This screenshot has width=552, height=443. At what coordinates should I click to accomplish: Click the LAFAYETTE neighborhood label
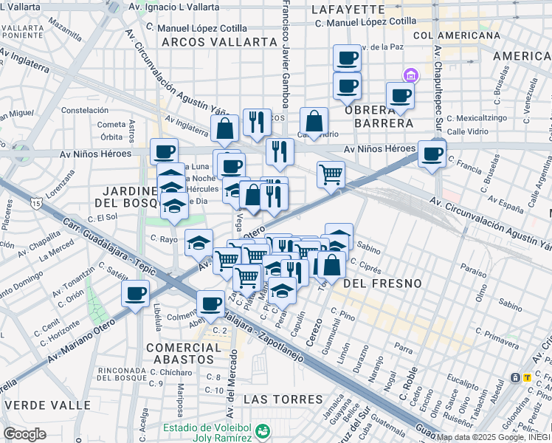(348, 10)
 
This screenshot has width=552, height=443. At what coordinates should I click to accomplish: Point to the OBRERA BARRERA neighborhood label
(377, 116)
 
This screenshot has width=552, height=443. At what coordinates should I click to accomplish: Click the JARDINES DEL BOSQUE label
(127, 196)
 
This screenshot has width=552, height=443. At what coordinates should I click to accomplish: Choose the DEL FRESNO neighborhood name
(382, 283)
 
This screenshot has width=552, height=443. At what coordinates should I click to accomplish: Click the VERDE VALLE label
(48, 405)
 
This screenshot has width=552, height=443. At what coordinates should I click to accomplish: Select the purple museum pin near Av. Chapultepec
(410, 75)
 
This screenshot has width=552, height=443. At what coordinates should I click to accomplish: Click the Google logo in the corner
(24, 433)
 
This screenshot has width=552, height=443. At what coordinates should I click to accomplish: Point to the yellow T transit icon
(527, 377)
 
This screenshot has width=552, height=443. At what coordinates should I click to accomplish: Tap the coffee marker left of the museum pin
(400, 95)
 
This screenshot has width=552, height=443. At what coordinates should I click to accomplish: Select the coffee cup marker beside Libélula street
(136, 293)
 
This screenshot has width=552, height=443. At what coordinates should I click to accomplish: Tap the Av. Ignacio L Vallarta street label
(173, 6)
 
